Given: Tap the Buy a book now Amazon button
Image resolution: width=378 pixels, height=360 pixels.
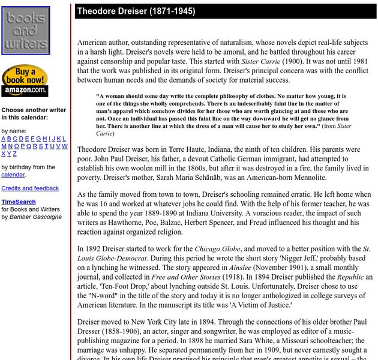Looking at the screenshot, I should coord(25,80).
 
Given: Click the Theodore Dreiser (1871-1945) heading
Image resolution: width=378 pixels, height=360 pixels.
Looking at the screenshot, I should coord(136,11).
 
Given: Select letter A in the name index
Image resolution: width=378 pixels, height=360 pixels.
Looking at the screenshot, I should coord(4,139).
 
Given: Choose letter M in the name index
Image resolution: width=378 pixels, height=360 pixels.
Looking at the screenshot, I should coord(4,146).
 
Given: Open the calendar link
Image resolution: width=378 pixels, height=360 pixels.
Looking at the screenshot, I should coord(13,175).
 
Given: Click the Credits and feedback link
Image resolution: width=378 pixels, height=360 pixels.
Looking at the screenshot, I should coord(30,188).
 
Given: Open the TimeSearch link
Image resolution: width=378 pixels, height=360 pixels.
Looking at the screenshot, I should coord(19,202).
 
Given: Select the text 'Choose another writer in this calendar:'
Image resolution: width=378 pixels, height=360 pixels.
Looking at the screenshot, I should coord(34,114).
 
